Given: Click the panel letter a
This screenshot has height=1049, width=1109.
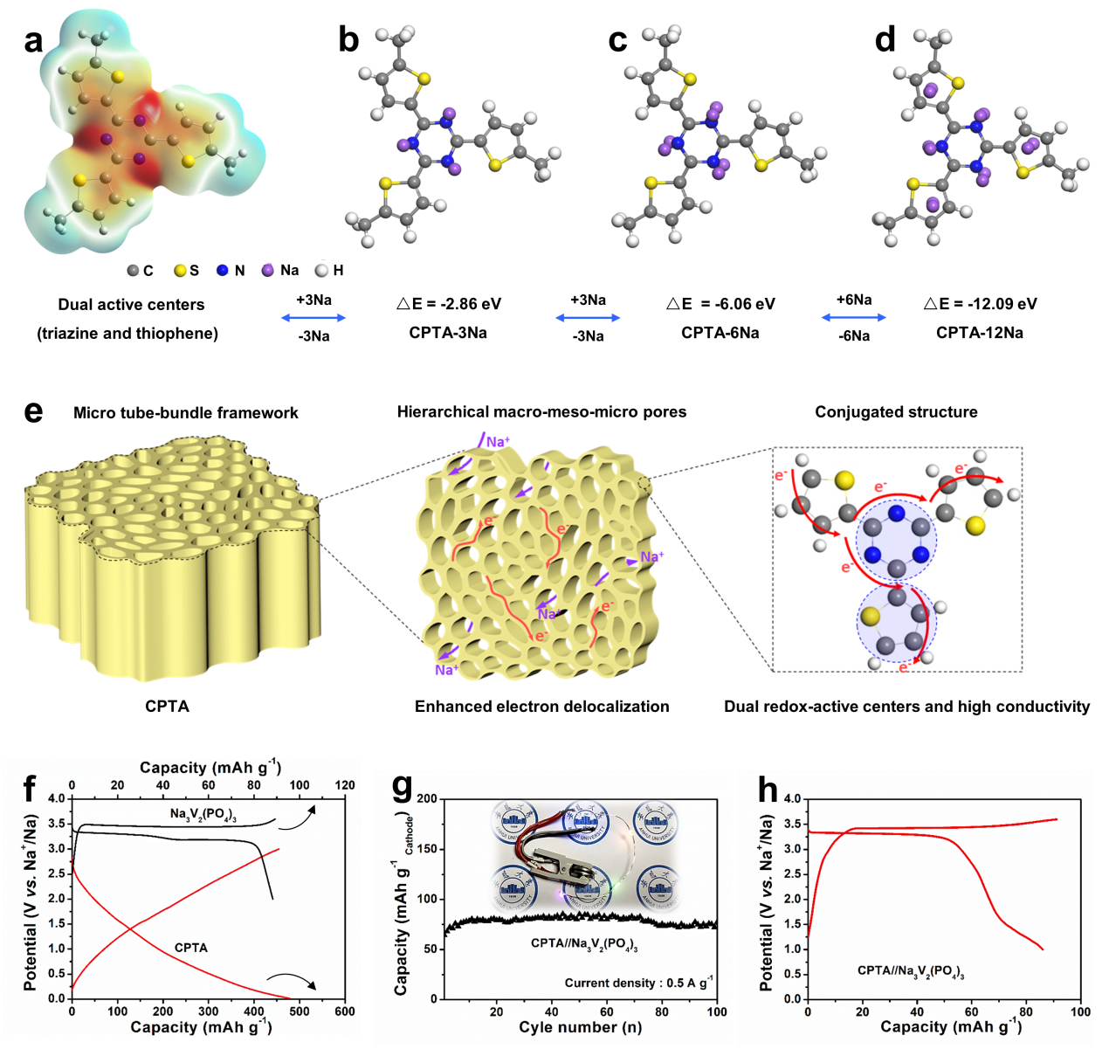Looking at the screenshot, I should (x=33, y=40).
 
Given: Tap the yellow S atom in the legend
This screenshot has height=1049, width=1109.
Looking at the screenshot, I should (x=181, y=271).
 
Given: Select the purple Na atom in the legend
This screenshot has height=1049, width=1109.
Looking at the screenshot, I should (x=268, y=271).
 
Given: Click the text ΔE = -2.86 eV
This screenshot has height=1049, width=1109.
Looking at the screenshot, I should (x=449, y=304).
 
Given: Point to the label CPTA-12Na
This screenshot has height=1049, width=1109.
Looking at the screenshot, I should (x=980, y=333).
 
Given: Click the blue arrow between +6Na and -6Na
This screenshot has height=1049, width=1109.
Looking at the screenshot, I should (x=853, y=318).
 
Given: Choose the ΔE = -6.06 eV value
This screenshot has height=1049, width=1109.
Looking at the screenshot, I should (x=720, y=304).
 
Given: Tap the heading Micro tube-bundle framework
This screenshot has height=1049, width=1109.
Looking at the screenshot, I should (x=186, y=413).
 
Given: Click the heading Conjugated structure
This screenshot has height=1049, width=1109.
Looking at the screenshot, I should (x=896, y=412).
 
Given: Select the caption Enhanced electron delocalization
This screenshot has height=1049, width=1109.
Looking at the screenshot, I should (x=541, y=707).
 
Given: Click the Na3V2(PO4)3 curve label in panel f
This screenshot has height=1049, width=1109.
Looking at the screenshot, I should (x=203, y=814).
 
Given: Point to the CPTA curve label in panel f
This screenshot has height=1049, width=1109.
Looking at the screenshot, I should (x=191, y=948).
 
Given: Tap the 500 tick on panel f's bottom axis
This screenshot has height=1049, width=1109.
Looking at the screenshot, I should (x=300, y=1011).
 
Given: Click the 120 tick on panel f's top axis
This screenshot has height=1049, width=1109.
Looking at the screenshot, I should (x=345, y=785).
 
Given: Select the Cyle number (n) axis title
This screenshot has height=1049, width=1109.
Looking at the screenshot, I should (x=580, y=1027).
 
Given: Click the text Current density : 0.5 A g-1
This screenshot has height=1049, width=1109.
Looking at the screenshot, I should (x=638, y=983).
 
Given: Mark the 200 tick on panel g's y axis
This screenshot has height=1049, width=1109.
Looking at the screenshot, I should (x=427, y=799).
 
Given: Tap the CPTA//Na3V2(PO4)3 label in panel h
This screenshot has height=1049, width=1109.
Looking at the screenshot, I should (x=911, y=971).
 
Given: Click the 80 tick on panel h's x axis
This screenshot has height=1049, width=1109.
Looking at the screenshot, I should (x=1026, y=1011).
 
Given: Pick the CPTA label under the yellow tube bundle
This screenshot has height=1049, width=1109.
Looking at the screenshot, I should (x=167, y=707).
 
